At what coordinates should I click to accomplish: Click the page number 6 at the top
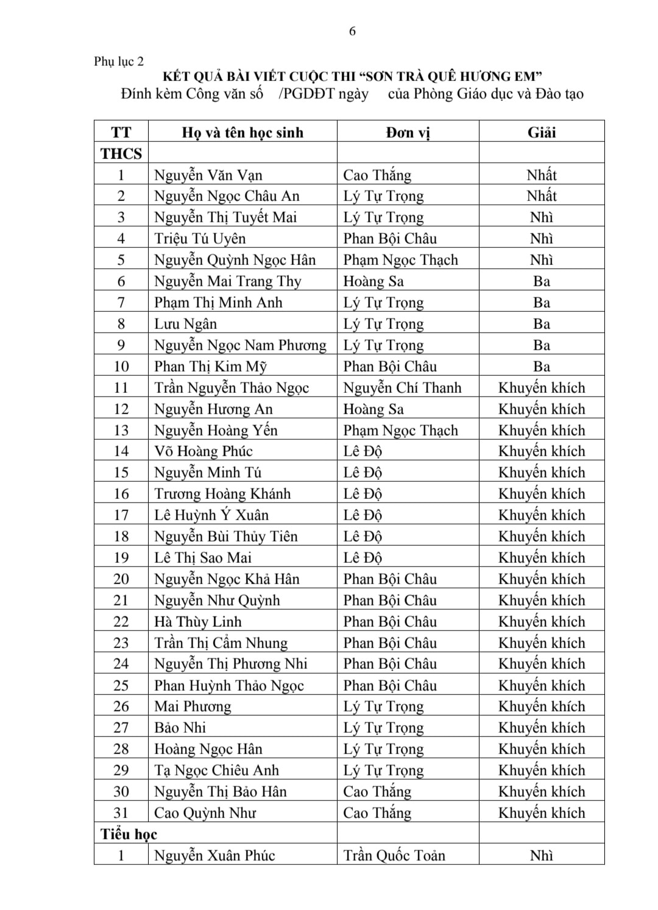(x=352, y=32)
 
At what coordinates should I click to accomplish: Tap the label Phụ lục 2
(x=119, y=62)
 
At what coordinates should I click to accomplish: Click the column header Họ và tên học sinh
(x=242, y=132)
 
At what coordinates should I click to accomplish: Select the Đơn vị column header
(x=408, y=132)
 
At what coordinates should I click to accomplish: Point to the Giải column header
(x=541, y=132)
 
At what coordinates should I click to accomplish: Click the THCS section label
(x=121, y=153)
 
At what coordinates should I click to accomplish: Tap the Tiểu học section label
(x=129, y=834)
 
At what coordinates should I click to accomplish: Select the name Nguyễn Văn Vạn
(x=208, y=175)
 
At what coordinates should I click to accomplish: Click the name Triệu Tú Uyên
(x=200, y=239)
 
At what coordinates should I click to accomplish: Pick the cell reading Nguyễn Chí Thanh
(x=402, y=388)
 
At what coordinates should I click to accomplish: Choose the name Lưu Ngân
(x=185, y=324)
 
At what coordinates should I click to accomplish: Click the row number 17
(x=121, y=515)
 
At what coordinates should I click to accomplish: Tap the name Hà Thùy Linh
(x=198, y=622)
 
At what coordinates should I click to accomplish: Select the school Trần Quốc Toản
(x=394, y=855)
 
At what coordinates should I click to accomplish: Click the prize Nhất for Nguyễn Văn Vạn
(x=541, y=175)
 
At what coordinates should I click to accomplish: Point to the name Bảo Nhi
(x=180, y=728)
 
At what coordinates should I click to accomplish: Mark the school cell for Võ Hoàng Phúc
(x=363, y=451)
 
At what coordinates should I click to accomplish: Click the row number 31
(x=121, y=813)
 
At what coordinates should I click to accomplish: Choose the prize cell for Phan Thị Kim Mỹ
(x=541, y=367)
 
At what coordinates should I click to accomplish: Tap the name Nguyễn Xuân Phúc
(x=214, y=855)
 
